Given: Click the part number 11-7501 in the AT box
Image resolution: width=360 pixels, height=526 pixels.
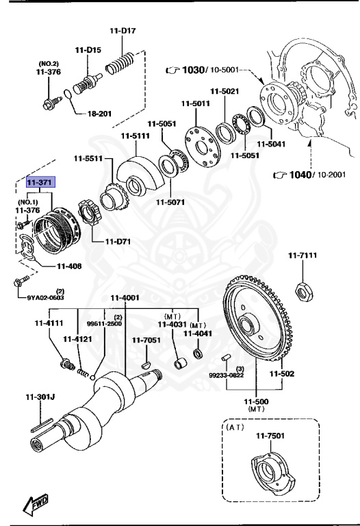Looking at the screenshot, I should click(270, 436).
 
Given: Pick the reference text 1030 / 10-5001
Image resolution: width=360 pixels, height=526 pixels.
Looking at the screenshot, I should click(205, 70).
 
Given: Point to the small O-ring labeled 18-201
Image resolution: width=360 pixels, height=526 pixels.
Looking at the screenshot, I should click(66, 94).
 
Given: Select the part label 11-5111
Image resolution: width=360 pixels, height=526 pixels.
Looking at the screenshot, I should click(135, 136).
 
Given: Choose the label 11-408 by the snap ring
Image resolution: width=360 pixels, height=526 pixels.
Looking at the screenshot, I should click(70, 266).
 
